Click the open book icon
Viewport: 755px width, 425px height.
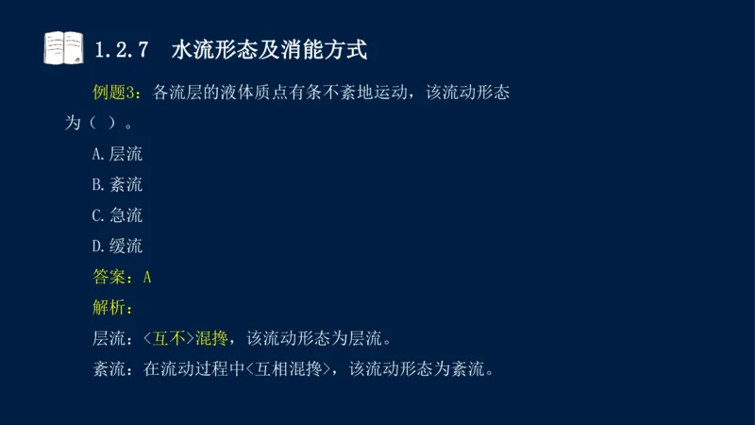(x=63, y=47)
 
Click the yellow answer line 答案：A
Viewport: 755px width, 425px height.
(x=122, y=277)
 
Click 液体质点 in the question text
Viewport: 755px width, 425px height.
(x=263, y=93)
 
